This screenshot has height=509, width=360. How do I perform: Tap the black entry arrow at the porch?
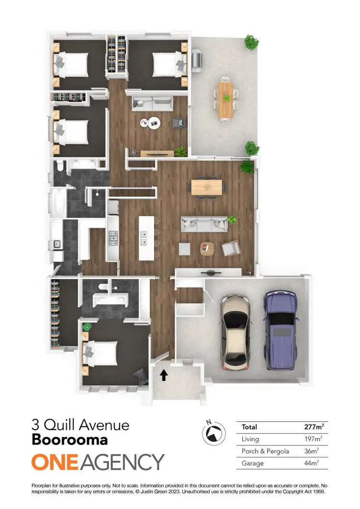(x=163, y=375)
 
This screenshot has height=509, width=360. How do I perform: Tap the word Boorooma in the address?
(x=70, y=439)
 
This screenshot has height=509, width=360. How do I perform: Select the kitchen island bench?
(x=146, y=238)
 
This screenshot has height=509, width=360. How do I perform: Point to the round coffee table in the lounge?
(x=154, y=122)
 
